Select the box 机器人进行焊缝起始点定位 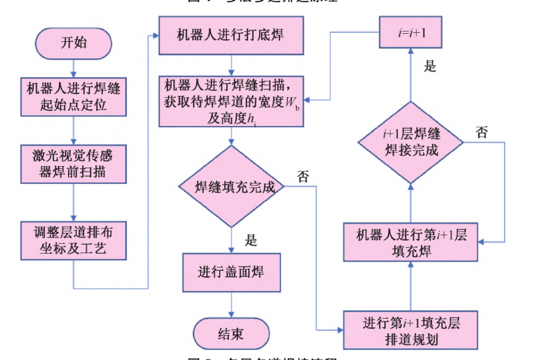click(73, 97)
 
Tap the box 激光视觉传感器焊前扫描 click(73, 164)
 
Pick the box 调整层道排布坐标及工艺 click(73, 240)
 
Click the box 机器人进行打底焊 click(231, 35)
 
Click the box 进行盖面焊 click(231, 273)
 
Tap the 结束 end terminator click(231, 334)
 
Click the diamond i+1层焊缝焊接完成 click(411, 142)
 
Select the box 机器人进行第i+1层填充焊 click(411, 243)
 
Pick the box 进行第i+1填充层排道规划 click(411, 330)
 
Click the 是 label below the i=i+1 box click(430, 67)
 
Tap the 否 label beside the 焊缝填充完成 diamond click(303, 177)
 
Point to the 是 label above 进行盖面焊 click(251, 240)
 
